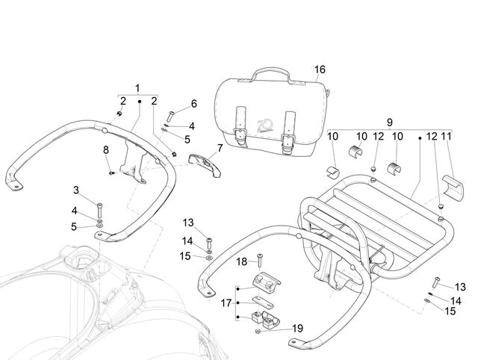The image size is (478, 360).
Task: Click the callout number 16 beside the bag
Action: (x=320, y=69)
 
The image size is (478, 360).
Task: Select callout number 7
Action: (x=220, y=148)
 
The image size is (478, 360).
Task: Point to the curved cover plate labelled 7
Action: (x=205, y=164)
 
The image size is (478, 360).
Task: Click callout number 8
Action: (x=106, y=150)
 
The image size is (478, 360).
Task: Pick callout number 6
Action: (x=194, y=104)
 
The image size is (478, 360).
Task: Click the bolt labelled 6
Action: (x=170, y=117)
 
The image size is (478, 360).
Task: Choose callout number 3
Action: (x=76, y=190)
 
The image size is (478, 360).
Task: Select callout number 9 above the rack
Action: (x=390, y=122)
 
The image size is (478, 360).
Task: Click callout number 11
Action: (x=446, y=136)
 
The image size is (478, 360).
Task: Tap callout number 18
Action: (x=242, y=261)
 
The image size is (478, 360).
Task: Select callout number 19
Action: (x=297, y=329)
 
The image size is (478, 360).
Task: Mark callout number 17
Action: (x=226, y=303)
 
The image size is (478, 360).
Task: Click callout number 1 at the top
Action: (x=137, y=88)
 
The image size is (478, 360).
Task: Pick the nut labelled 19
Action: (x=258, y=332)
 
